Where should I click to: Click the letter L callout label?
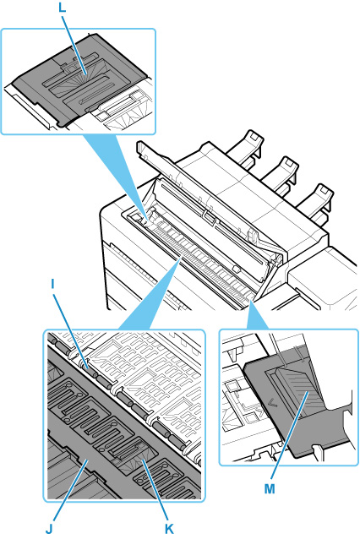click(62, 8)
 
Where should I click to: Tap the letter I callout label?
click(52, 284)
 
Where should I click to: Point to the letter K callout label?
click(169, 530)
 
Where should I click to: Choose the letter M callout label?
click(270, 488)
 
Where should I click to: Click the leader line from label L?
click(74, 43)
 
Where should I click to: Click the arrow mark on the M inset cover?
click(273, 402)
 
